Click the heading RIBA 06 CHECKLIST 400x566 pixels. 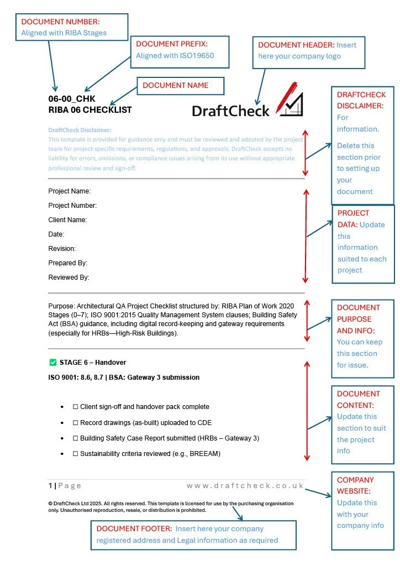click(x=90, y=109)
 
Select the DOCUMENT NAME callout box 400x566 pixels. click(x=180, y=86)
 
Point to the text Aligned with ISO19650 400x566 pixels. click(x=175, y=55)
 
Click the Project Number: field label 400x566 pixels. click(x=72, y=206)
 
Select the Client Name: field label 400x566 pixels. click(x=68, y=220)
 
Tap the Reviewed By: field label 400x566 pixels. click(x=69, y=277)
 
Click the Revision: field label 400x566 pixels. click(x=62, y=249)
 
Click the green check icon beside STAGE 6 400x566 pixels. click(x=53, y=363)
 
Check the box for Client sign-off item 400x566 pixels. click(x=76, y=407)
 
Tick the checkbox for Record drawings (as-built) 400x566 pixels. click(x=76, y=423)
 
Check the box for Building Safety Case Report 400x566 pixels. click(x=76, y=438)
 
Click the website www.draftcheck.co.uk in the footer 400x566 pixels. click(x=245, y=486)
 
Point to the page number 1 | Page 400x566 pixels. click(x=65, y=486)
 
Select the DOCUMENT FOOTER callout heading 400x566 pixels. click(x=134, y=529)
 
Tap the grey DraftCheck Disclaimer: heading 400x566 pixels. click(x=80, y=130)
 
